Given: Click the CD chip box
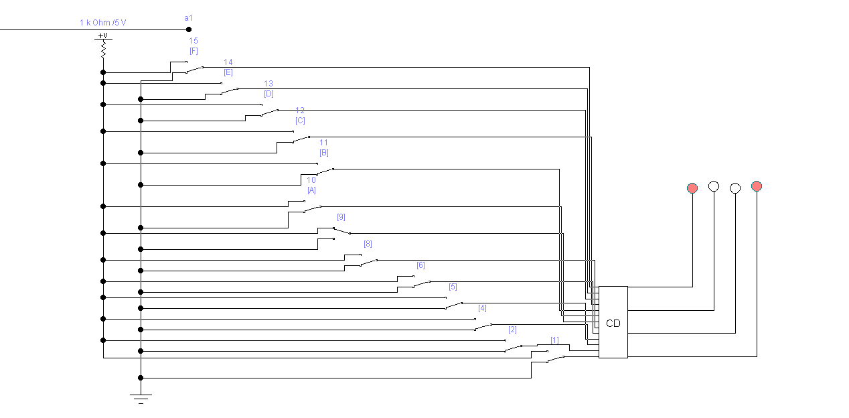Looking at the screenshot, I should point(613,322).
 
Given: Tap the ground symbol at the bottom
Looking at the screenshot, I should point(141,398).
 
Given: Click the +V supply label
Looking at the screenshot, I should point(102,36).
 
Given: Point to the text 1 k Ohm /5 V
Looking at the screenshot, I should point(102,23).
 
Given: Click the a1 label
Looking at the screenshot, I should point(188,17).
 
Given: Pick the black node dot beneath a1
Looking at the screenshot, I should point(189,29).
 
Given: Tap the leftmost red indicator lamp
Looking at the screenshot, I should point(692,188).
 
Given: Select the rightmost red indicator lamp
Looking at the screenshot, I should point(757,186).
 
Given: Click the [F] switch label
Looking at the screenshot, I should point(194,51).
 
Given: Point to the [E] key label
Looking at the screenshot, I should point(228,72).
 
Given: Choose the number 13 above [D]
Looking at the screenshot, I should point(268,84).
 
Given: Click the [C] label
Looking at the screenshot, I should point(300,121).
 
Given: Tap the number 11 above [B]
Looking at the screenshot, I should point(324,143).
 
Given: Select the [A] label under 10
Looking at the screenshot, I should point(311,190).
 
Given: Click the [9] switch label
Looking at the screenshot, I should point(341,217).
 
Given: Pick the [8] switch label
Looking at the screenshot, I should point(368,244).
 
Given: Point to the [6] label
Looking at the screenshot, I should point(420,265).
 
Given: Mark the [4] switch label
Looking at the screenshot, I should point(482,308).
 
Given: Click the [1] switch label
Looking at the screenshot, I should point(554,340).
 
